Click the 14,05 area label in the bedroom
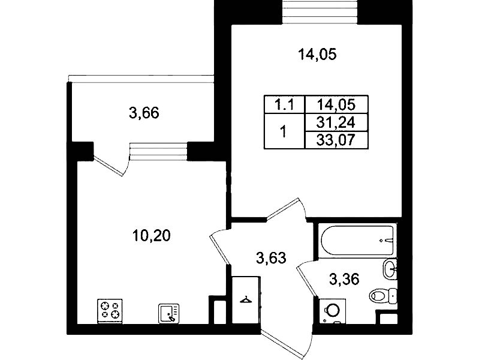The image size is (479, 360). (x=317, y=55)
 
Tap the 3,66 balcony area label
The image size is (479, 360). (x=144, y=113)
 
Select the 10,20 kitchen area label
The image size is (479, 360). (x=152, y=236)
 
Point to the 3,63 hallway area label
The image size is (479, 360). (x=271, y=259)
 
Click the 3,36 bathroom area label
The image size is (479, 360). (x=344, y=279)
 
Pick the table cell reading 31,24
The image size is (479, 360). (x=336, y=122)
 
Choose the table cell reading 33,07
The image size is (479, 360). (x=336, y=140)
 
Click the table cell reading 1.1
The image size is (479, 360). (x=284, y=105)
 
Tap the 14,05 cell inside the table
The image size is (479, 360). (x=336, y=105)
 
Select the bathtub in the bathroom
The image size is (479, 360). (x=357, y=241)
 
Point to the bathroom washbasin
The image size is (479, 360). (x=390, y=269)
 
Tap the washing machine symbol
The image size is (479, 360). (x=332, y=311)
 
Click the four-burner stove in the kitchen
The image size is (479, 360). (x=110, y=310)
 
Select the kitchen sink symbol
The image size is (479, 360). (x=168, y=313)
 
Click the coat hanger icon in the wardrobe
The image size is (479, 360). (x=246, y=300)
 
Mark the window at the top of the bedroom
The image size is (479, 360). (x=320, y=12)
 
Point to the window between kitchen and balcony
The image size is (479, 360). (x=158, y=152)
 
